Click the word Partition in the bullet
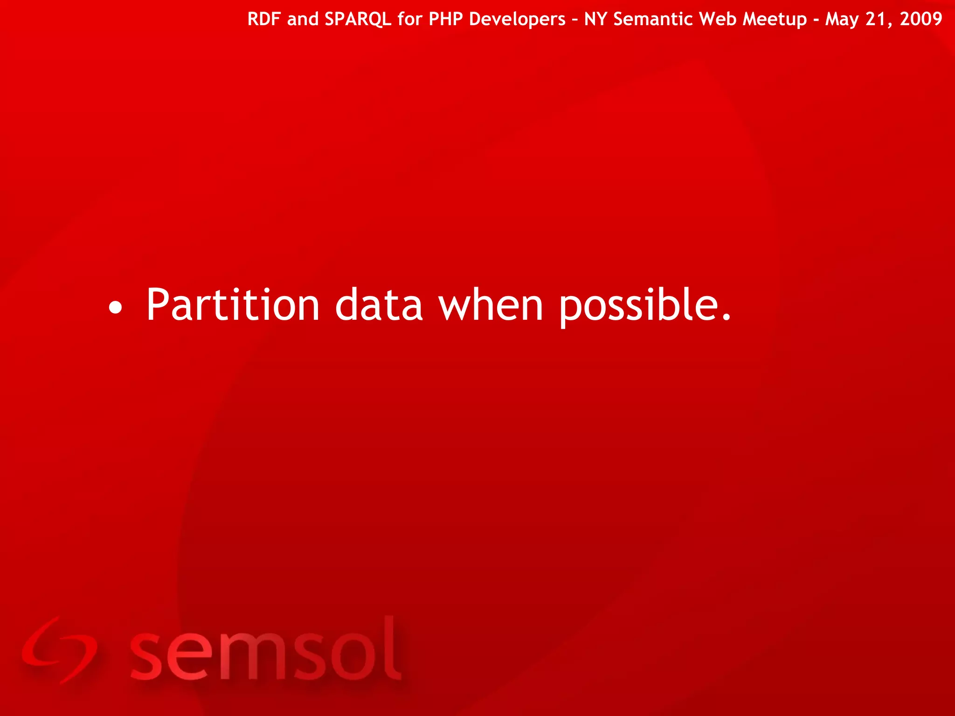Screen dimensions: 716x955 232,305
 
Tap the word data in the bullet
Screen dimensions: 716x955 379,305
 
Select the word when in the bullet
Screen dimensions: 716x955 491,305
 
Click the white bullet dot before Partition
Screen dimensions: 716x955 115,308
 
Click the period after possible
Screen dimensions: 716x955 726,318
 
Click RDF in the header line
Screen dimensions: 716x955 264,19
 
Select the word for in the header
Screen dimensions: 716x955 410,19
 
